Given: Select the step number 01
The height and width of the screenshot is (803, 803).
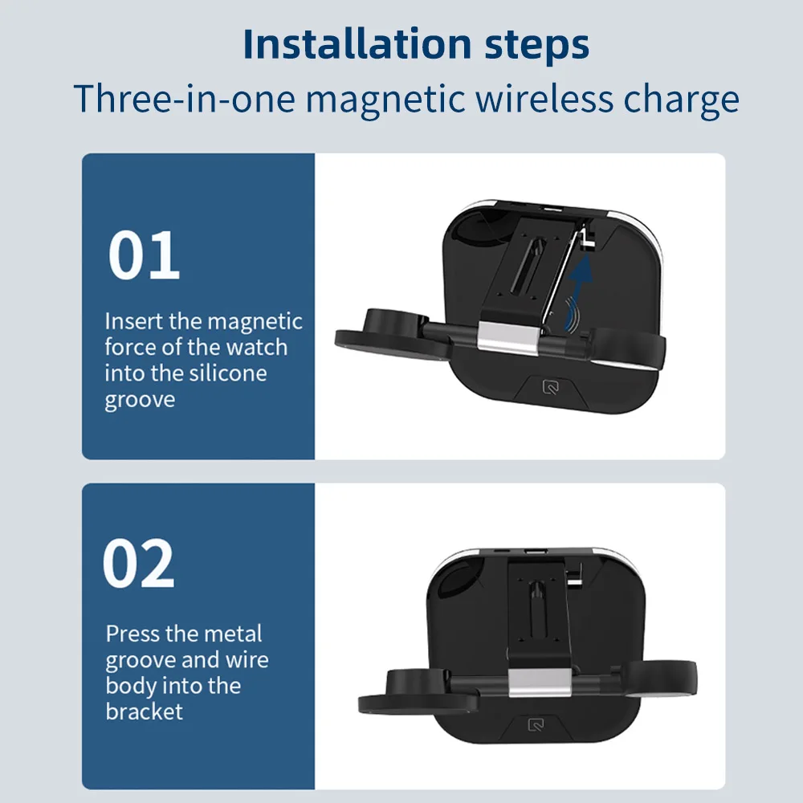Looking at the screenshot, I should point(144,256).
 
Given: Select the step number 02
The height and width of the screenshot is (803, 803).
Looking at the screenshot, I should point(138,564).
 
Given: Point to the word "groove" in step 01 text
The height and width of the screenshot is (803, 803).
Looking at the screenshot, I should point(140,399).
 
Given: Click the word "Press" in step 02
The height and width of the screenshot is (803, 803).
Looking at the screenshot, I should point(132,634).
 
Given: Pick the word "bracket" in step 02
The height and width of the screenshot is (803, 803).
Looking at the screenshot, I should point(145,711).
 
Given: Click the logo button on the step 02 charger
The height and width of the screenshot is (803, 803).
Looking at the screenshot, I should point(536,725).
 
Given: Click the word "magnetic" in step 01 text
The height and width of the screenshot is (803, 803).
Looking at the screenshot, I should point(255,322).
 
